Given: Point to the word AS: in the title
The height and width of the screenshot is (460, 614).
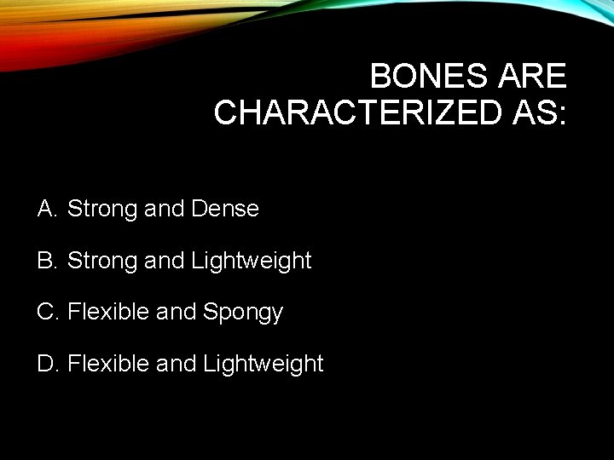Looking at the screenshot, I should click(536, 112).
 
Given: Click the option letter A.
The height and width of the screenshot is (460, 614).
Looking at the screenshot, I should click(47, 209).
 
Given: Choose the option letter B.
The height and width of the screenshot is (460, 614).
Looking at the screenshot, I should click(47, 261).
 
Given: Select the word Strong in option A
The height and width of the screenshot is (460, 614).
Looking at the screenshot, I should click(102, 209).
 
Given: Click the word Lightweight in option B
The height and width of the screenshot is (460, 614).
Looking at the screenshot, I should click(252, 261).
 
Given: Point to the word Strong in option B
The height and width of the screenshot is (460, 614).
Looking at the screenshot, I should click(102, 261).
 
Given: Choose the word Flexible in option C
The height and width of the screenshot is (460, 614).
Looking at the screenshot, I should click(108, 313).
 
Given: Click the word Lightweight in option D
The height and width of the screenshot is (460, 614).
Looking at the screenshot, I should click(264, 365).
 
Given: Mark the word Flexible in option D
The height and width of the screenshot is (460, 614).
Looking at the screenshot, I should click(108, 365).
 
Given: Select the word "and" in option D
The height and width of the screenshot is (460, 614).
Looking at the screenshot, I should click(177, 365).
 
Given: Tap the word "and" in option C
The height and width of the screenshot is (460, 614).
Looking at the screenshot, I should click(177, 313).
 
